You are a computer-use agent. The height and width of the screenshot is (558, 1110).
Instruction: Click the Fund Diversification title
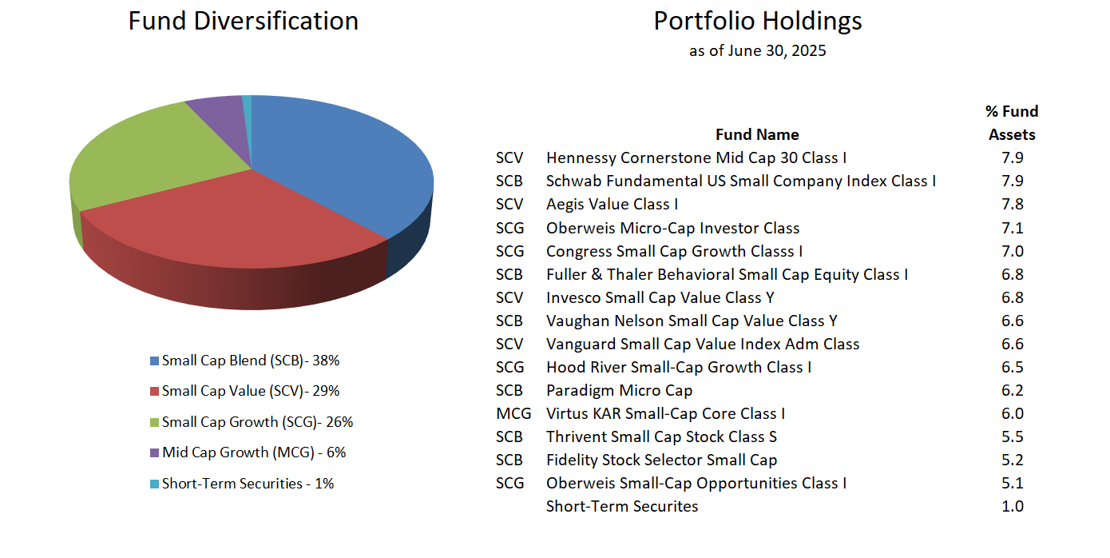[x=243, y=21]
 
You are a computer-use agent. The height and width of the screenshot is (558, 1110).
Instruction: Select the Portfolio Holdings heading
[x=757, y=21]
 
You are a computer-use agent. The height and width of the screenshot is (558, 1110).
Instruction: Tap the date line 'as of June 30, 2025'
[x=757, y=51]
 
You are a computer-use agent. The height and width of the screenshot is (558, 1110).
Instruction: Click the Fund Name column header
[x=756, y=134]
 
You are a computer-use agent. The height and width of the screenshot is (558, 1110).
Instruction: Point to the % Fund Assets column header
[x=1012, y=123]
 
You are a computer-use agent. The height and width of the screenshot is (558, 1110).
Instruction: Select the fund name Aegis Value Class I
[x=612, y=205]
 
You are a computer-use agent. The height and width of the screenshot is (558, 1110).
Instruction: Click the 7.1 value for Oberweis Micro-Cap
[x=1012, y=229]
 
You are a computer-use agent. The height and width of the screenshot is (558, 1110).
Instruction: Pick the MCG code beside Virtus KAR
[x=512, y=414]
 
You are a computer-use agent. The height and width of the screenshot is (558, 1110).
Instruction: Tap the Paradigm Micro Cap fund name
[x=619, y=391]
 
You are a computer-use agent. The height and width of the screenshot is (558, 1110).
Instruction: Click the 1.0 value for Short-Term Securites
[x=1012, y=507]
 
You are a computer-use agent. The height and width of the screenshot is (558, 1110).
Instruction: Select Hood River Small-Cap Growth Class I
[x=678, y=368]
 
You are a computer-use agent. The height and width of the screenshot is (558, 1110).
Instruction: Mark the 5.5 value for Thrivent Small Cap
[x=1012, y=437]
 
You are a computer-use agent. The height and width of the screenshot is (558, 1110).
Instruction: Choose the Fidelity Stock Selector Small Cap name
[x=661, y=460]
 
